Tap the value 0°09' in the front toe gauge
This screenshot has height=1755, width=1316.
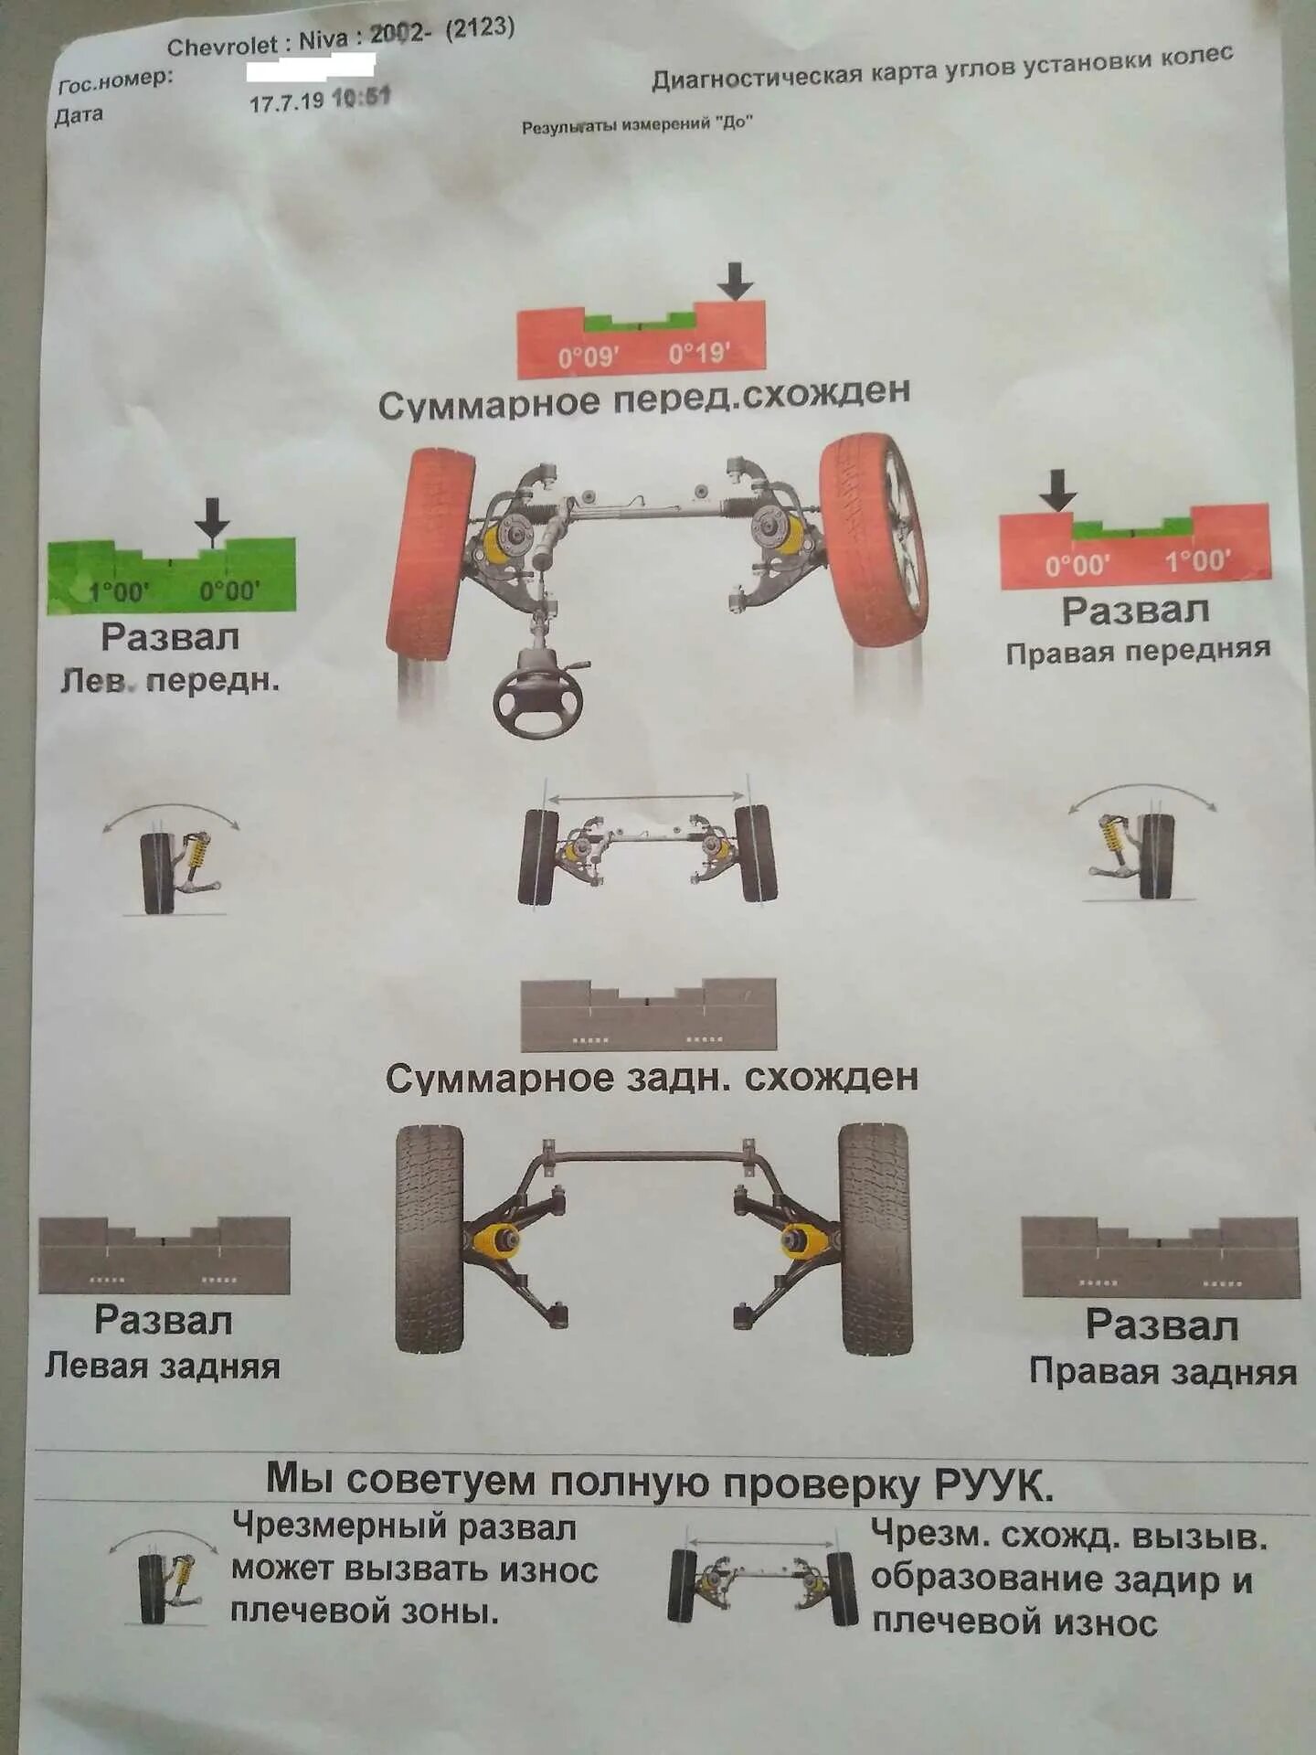589,356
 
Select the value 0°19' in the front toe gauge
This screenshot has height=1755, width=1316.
699,353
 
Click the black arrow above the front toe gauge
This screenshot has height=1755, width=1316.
735,281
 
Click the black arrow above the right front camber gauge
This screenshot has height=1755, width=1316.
1058,490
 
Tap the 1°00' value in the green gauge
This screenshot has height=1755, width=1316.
118,591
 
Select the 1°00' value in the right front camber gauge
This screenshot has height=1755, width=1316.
1198,559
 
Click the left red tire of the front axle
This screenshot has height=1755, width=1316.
430,554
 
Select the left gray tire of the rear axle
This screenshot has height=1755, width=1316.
430,1239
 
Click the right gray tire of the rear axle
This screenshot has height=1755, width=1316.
876,1239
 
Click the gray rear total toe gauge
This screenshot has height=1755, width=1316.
648,1015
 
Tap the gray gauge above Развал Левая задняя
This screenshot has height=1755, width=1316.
164,1255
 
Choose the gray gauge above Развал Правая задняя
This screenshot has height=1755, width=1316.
1160,1257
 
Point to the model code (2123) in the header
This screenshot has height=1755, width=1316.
480,28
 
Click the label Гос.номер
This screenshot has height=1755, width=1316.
115,80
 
